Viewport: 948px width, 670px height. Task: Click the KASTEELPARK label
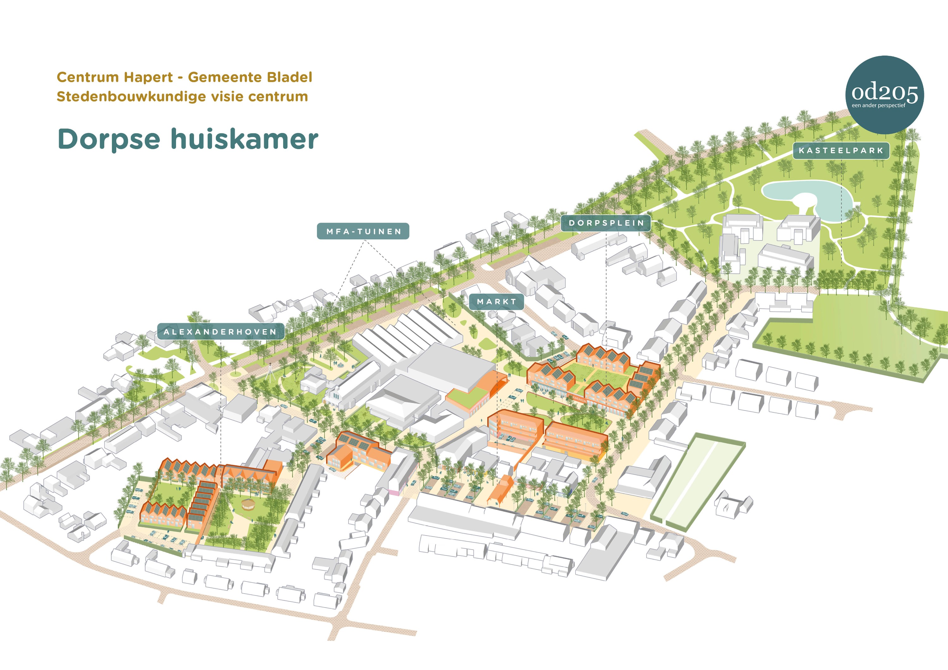pyautogui.click(x=841, y=151)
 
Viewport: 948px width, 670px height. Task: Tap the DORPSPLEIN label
pyautogui.click(x=606, y=223)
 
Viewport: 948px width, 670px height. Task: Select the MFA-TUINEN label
pyautogui.click(x=363, y=232)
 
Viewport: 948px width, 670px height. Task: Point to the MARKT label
pyautogui.click(x=496, y=302)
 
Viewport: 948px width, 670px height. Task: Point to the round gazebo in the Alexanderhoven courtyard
pyautogui.click(x=248, y=504)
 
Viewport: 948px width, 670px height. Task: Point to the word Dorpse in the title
pyautogui.click(x=109, y=139)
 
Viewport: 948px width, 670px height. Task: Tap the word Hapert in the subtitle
pyautogui.click(x=149, y=77)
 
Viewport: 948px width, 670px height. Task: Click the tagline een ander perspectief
pyautogui.click(x=878, y=106)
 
